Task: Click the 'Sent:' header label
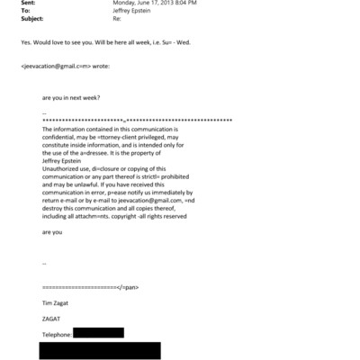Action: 28,4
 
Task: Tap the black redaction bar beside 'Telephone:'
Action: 98,333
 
